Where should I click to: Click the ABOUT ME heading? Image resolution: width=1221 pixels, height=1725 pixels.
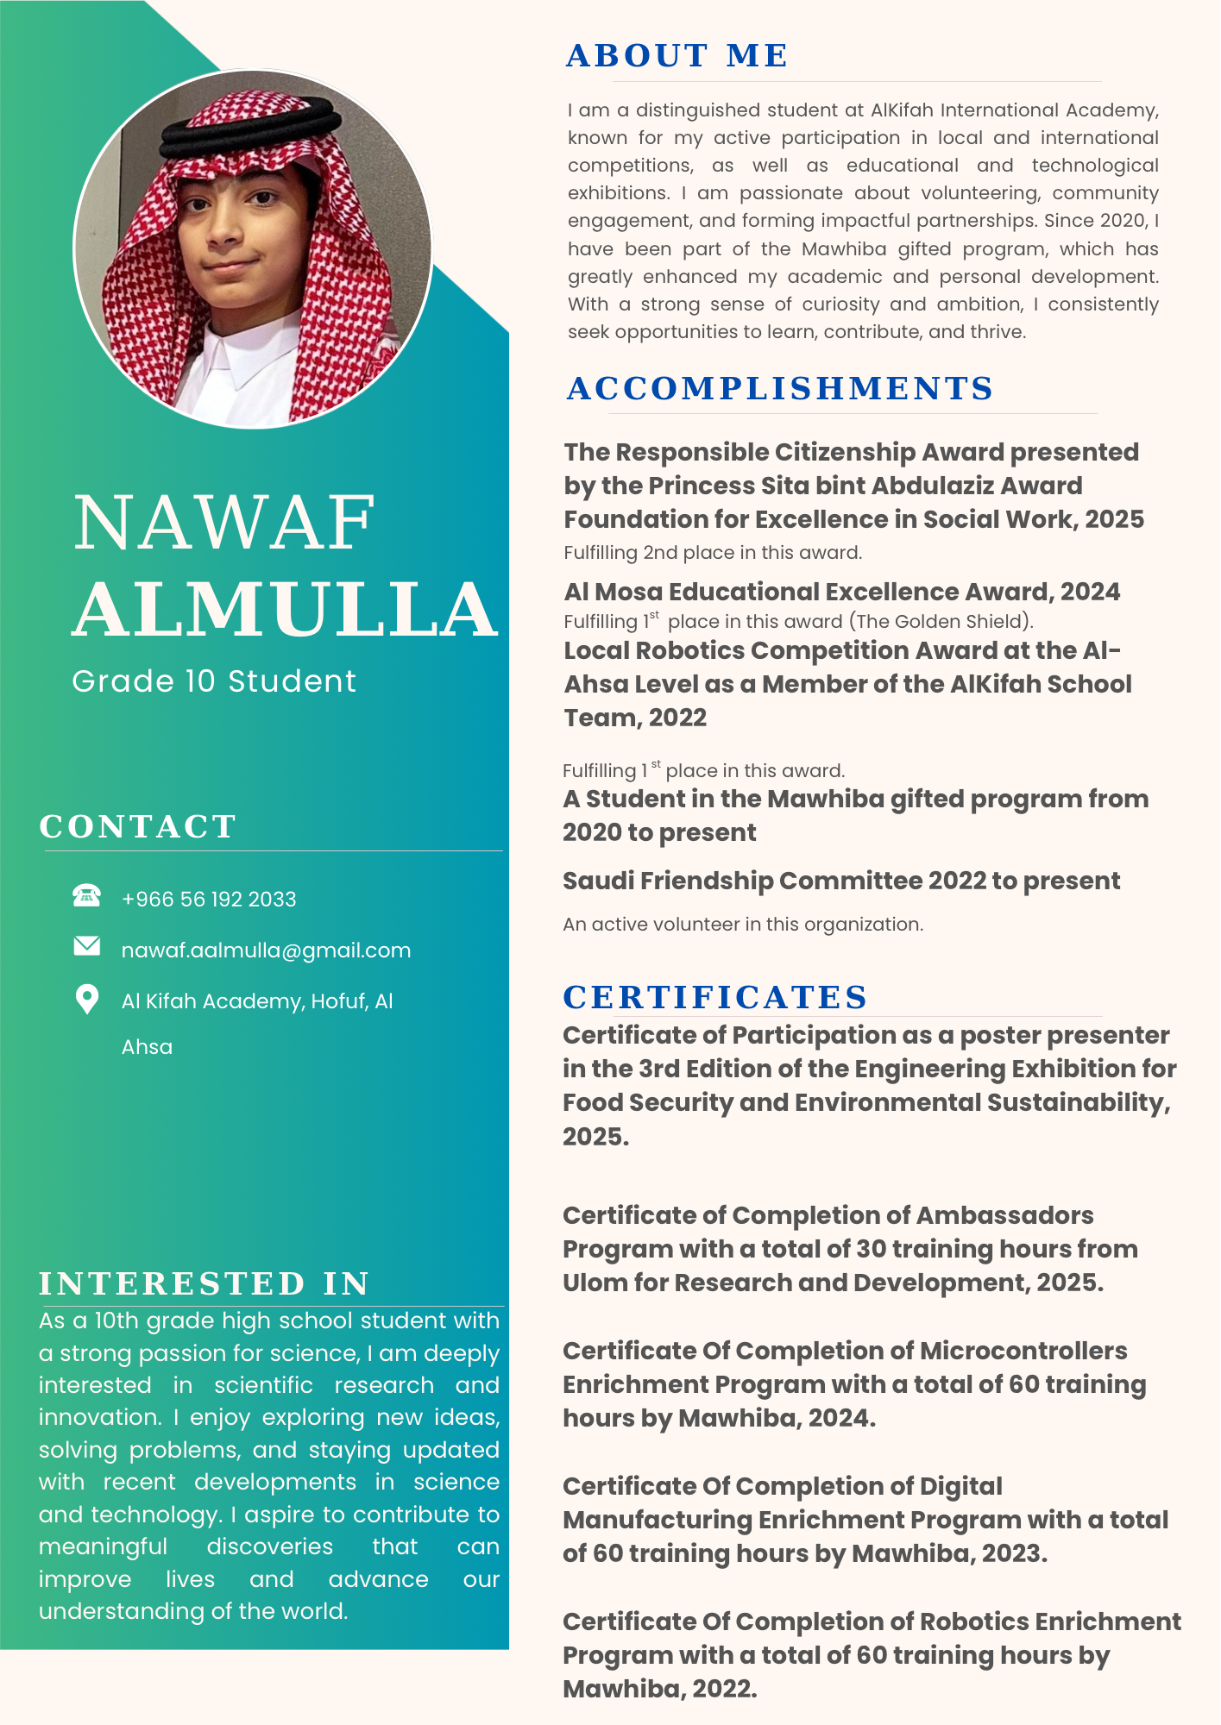coord(677,56)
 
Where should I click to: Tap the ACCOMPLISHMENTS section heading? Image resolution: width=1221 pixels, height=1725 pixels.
coord(780,389)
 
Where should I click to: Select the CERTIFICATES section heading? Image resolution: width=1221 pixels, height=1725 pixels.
coord(715,998)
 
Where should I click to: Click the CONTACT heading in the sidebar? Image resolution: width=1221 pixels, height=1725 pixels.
coord(138,827)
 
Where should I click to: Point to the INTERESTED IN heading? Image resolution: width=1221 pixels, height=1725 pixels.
coord(205,1284)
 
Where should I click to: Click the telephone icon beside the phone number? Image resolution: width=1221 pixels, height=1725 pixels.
coord(86,895)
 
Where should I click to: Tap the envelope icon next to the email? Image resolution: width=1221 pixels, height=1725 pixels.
coord(87,946)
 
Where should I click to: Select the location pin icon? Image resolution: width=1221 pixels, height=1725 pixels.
coord(87,999)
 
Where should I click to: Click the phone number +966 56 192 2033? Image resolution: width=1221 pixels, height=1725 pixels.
coord(209,900)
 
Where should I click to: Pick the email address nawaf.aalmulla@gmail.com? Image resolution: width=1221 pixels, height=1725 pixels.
coord(266,950)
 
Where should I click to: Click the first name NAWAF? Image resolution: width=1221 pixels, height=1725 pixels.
coord(224,523)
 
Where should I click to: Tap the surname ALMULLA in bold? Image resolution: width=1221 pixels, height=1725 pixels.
coord(286,609)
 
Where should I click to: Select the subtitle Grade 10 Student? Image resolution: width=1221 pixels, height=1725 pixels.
coord(214,681)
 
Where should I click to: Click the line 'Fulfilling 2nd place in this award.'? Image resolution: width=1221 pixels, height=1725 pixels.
coord(713,553)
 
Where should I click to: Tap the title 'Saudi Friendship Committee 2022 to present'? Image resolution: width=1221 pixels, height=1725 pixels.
coord(841,881)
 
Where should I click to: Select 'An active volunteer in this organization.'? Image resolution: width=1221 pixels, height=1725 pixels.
coord(743,925)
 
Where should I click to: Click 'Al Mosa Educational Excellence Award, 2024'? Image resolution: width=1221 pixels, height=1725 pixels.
coord(842,593)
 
